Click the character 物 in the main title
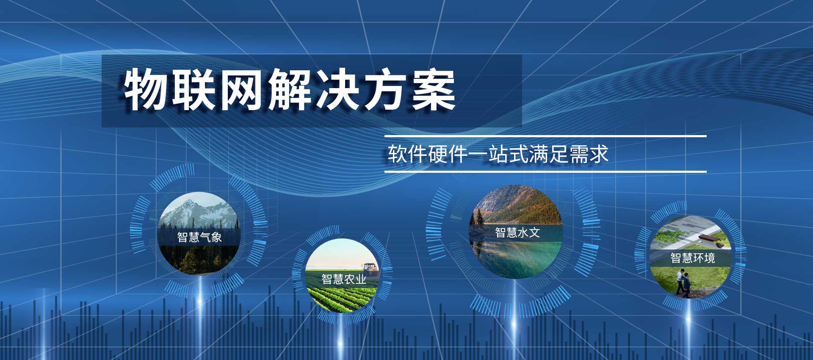(144, 90)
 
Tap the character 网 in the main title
(240, 90)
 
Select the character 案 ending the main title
(433, 90)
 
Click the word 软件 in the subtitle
(407, 154)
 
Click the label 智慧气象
(199, 237)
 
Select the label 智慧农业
(344, 279)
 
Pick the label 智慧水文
(517, 233)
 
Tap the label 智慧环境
(693, 258)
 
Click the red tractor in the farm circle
(370, 268)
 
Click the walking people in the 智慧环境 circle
(683, 283)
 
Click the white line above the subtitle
(545, 136)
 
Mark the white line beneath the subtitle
(545, 172)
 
